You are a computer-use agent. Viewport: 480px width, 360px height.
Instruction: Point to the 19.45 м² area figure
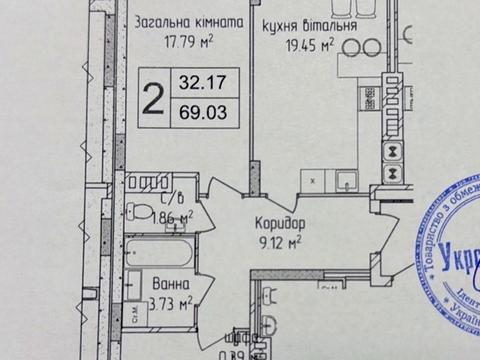pos(309,45)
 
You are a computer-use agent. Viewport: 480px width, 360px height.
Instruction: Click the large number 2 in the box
pos(154,98)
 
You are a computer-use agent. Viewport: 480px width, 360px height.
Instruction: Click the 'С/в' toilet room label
pos(166,197)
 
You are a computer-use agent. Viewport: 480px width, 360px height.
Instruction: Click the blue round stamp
pos(450,245)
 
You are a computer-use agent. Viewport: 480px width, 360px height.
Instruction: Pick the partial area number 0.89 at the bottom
pos(236,351)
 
